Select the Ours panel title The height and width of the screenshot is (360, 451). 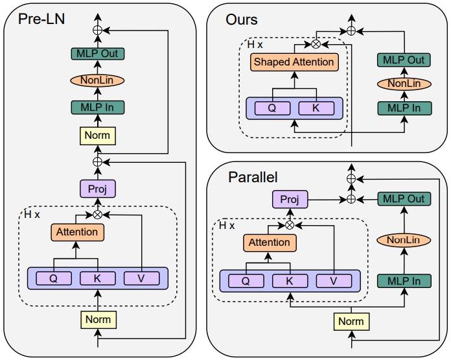[x=241, y=19]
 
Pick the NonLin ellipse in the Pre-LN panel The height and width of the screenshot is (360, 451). [x=98, y=81]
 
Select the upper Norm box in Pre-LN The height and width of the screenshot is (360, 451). [x=98, y=136]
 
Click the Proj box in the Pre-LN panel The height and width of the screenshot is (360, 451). [x=98, y=189]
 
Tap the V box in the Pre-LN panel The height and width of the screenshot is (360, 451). [x=143, y=278]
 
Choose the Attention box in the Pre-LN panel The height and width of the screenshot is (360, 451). [x=77, y=232]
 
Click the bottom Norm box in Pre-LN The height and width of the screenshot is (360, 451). [x=98, y=318]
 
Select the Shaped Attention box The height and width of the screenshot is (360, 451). [x=295, y=62]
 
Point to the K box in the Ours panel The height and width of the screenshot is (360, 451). [x=316, y=108]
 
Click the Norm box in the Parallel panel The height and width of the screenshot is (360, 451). [x=351, y=320]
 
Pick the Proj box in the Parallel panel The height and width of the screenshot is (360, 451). [x=289, y=199]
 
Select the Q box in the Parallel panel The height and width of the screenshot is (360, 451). [x=245, y=281]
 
